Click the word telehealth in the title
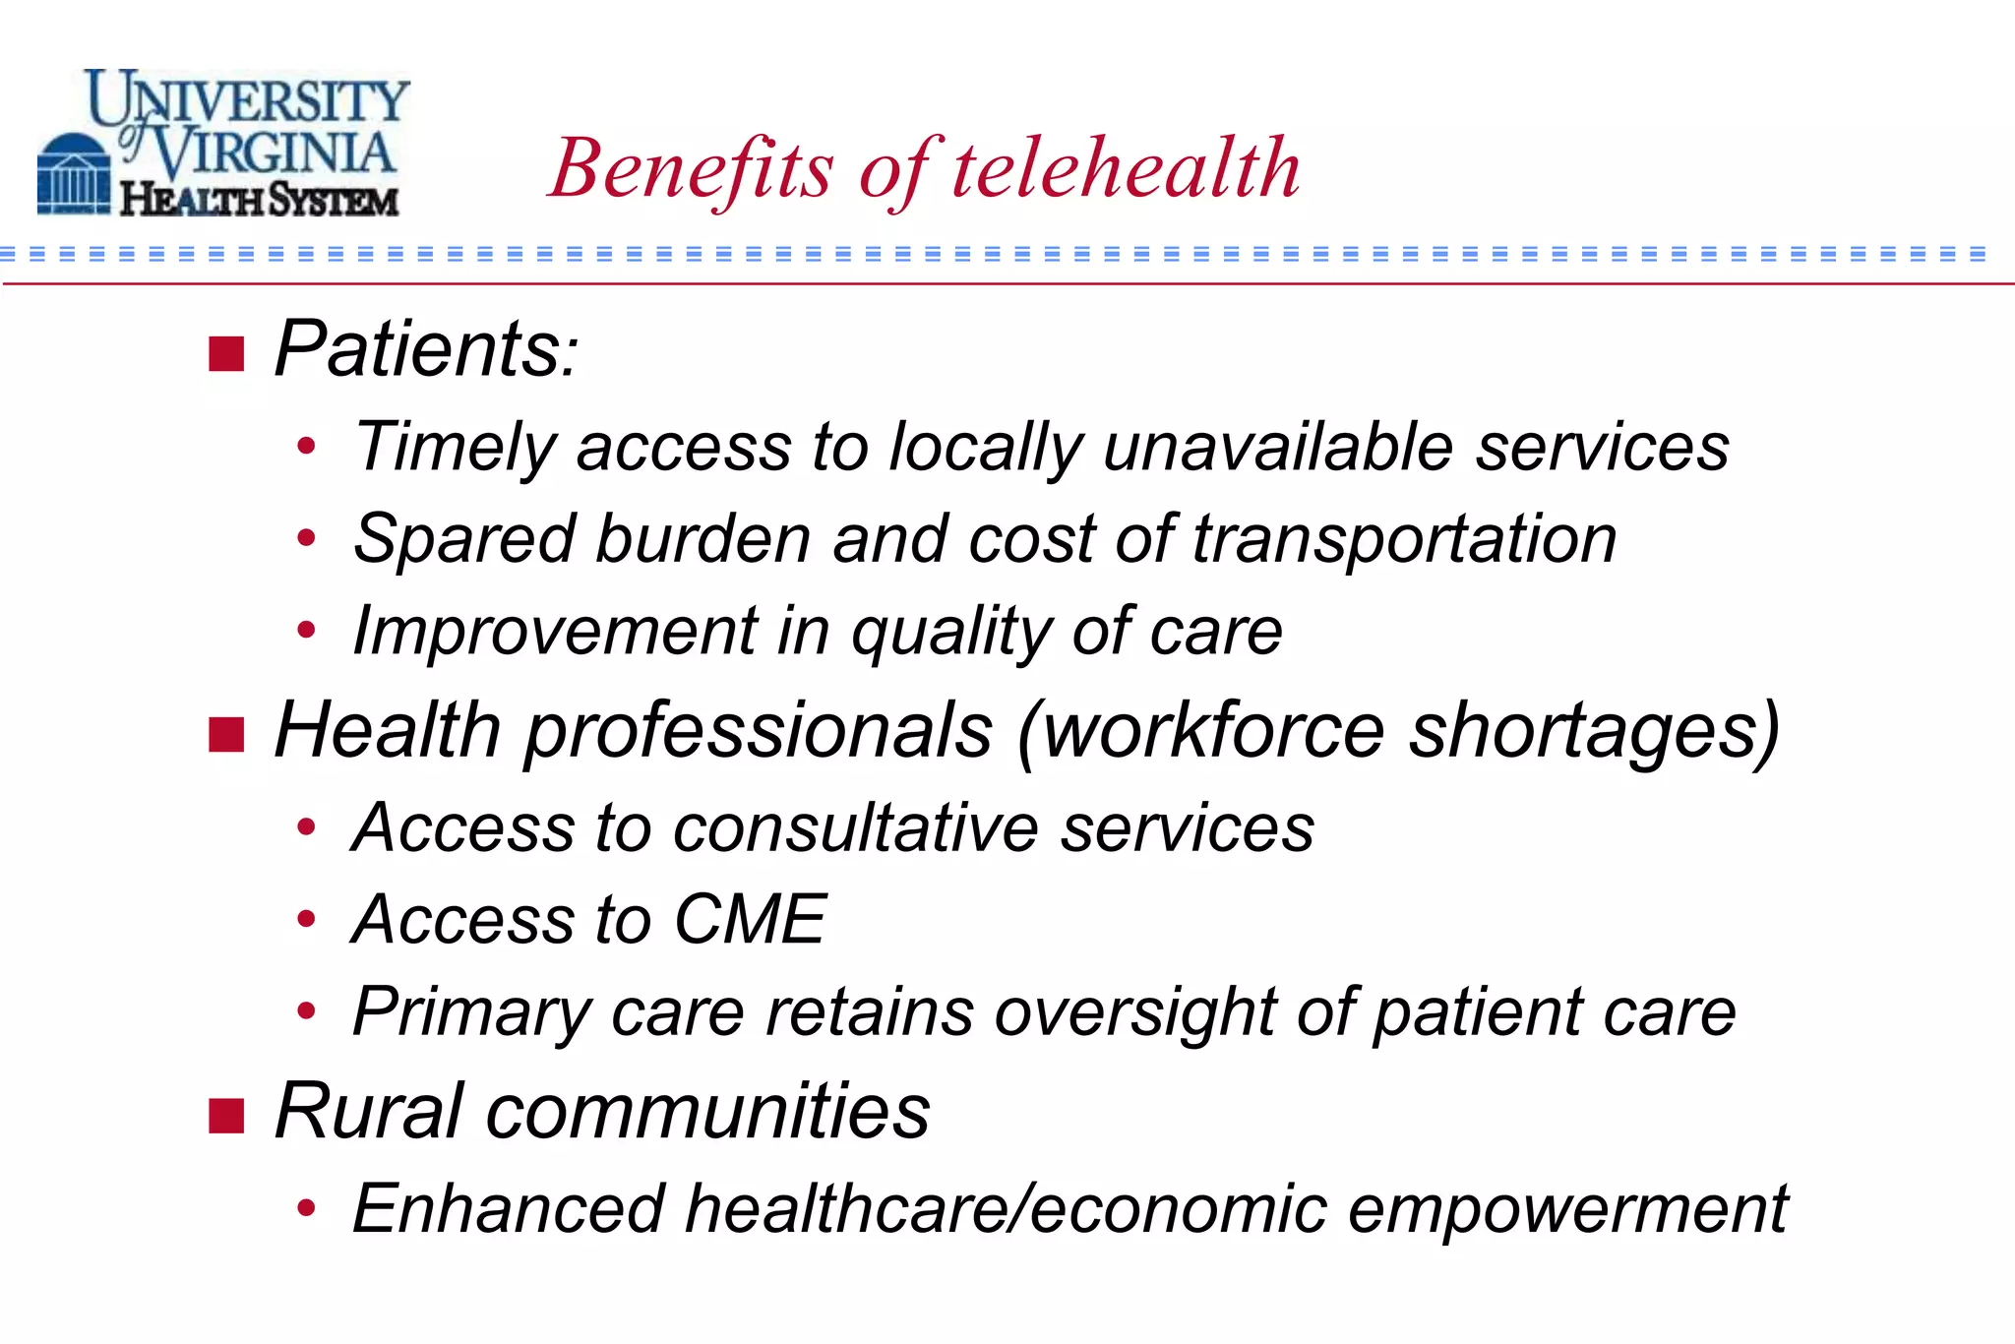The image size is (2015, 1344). point(1126,169)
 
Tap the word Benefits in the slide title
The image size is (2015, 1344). point(692,169)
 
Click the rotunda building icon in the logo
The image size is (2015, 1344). point(73,177)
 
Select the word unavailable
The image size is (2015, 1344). point(1277,447)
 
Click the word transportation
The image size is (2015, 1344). point(1404,540)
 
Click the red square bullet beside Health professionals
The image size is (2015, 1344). point(226,734)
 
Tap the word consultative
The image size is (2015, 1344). point(854,827)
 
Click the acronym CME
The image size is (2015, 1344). point(750,920)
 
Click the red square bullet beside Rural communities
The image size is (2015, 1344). point(226,1116)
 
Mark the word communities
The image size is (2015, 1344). point(706,1112)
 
